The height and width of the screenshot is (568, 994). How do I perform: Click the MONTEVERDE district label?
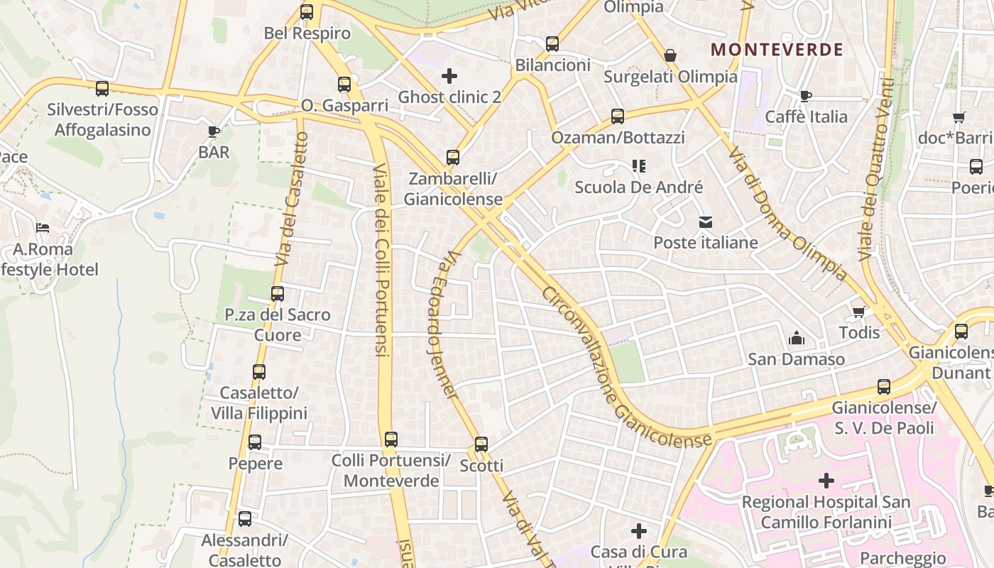[777, 50]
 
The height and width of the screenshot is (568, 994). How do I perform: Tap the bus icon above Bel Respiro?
[307, 12]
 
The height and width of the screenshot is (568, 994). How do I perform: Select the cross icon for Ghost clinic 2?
[449, 76]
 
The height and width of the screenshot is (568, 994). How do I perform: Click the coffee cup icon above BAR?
[213, 131]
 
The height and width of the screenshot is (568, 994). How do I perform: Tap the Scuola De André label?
[638, 187]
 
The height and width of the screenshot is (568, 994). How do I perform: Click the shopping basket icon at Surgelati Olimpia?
[670, 55]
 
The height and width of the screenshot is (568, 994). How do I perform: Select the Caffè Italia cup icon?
[805, 96]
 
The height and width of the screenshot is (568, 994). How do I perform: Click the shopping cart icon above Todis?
[858, 312]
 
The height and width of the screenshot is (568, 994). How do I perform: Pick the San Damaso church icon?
[797, 338]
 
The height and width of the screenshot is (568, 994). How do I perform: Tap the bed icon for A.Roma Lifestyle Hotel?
[43, 229]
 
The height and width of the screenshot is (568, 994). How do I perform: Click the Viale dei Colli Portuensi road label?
[381, 259]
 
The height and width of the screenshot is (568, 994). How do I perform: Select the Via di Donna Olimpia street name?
[787, 213]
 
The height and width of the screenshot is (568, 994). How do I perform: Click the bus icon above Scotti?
[481, 444]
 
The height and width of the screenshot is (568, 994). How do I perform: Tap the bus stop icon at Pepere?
[255, 442]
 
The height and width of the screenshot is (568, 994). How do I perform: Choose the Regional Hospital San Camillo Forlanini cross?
[826, 481]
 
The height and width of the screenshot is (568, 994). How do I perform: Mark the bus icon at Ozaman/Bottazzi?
[618, 116]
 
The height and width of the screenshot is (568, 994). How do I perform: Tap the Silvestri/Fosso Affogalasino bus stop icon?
[102, 89]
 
